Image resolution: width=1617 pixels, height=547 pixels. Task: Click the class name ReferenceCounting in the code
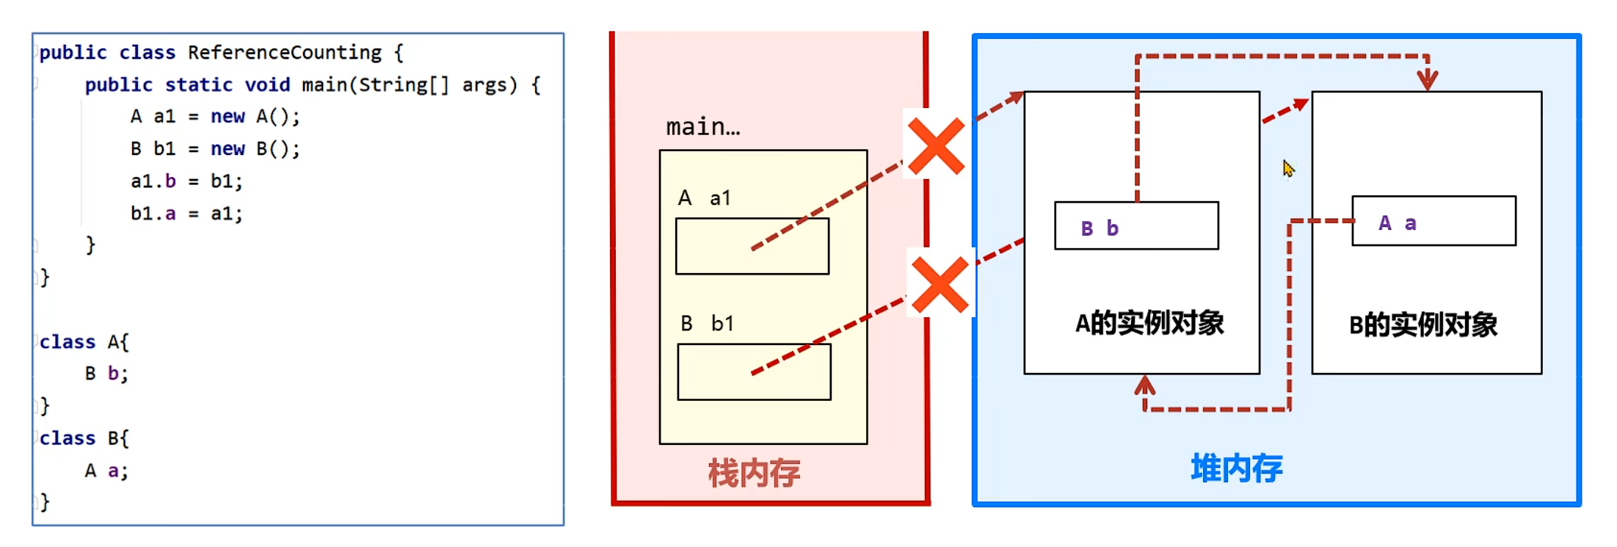[x=284, y=53]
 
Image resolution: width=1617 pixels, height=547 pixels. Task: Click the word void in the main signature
[x=267, y=85]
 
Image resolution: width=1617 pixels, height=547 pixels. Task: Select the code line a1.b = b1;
[x=186, y=181]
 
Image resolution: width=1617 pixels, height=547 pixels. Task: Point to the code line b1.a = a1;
[x=186, y=214]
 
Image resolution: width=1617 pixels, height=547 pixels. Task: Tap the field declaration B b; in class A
[x=106, y=374]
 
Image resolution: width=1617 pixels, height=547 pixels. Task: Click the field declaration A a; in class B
[x=106, y=471]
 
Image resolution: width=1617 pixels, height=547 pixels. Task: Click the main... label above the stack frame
[x=702, y=128]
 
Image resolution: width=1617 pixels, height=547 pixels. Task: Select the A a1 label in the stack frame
[x=704, y=198]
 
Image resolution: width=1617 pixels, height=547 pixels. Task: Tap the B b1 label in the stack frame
[x=707, y=324]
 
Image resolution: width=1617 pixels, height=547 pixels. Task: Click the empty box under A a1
[x=752, y=247]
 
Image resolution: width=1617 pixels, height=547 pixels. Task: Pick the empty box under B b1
[x=754, y=372]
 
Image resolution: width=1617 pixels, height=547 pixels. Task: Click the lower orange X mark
[x=940, y=285]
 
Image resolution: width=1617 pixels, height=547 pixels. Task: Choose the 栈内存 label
[x=754, y=474]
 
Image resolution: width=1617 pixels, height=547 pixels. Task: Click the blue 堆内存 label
[x=1236, y=468]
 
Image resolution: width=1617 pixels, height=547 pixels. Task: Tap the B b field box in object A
[x=1136, y=226]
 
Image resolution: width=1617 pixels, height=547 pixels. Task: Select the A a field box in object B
[x=1434, y=221]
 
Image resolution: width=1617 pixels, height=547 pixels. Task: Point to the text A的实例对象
[x=1149, y=323]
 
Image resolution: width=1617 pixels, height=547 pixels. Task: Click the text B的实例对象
[x=1422, y=325]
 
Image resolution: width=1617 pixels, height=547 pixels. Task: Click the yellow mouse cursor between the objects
[x=1288, y=169]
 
